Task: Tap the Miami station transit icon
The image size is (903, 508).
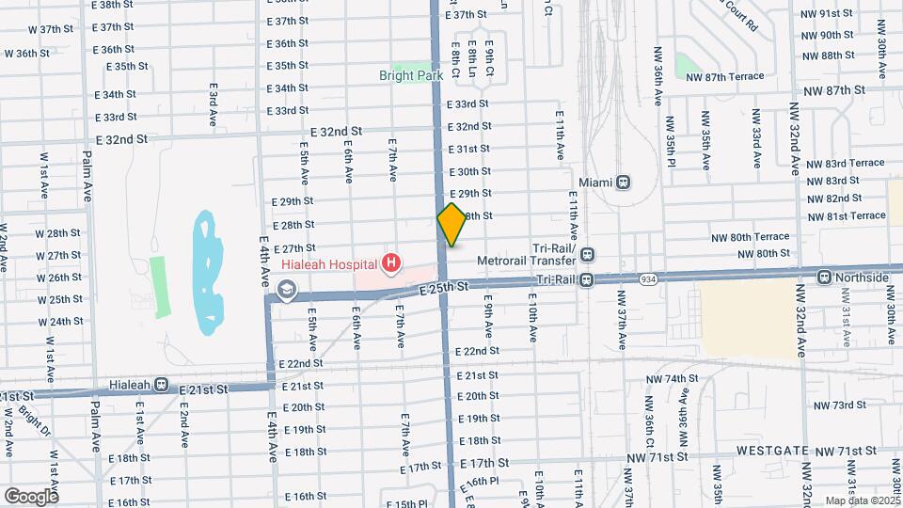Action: point(624,182)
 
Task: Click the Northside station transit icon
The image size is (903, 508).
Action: point(824,278)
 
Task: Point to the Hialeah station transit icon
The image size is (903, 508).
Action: point(162,384)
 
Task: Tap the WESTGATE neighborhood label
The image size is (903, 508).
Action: point(773,451)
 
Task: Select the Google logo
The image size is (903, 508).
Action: point(31,496)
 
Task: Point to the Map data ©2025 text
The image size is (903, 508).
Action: point(862,500)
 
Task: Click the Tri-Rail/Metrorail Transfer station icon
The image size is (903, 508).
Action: point(587,253)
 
